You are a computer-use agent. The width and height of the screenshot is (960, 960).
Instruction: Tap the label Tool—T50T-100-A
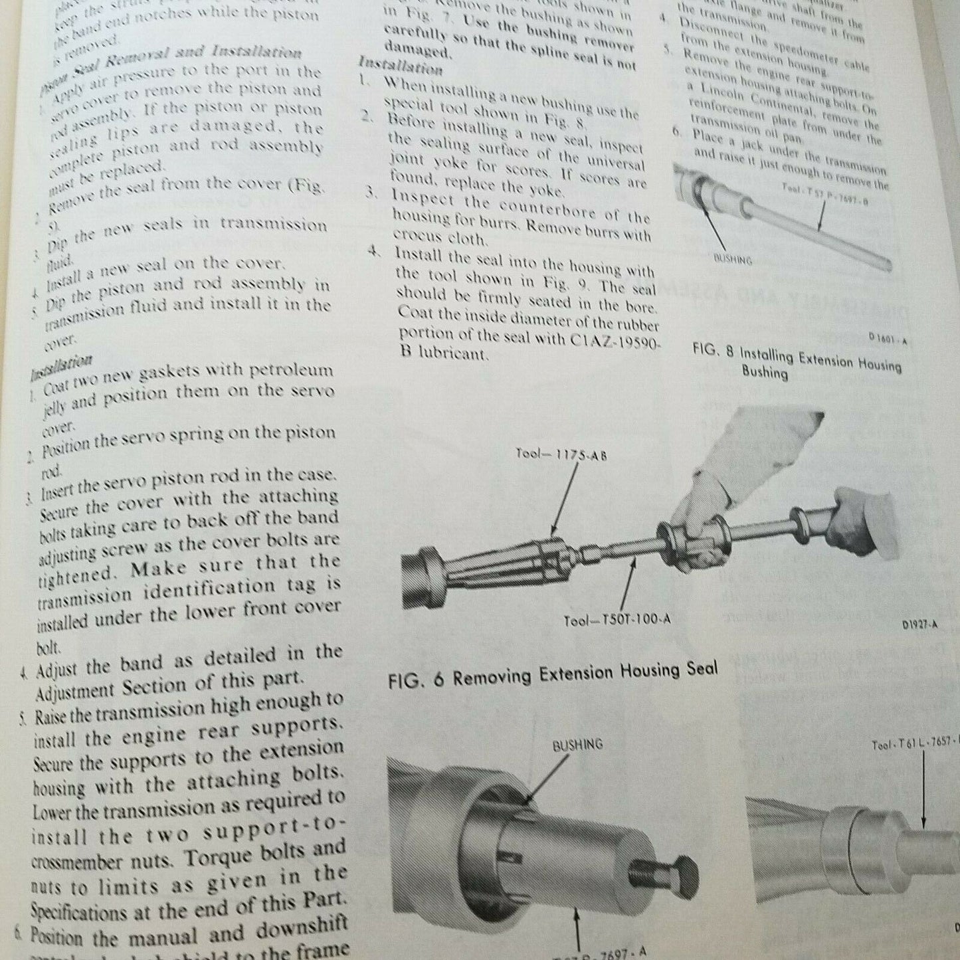coord(617,619)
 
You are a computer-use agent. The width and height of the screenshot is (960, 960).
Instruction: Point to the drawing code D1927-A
coord(919,624)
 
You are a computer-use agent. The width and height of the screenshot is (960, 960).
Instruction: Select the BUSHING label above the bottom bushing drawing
coord(577,744)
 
